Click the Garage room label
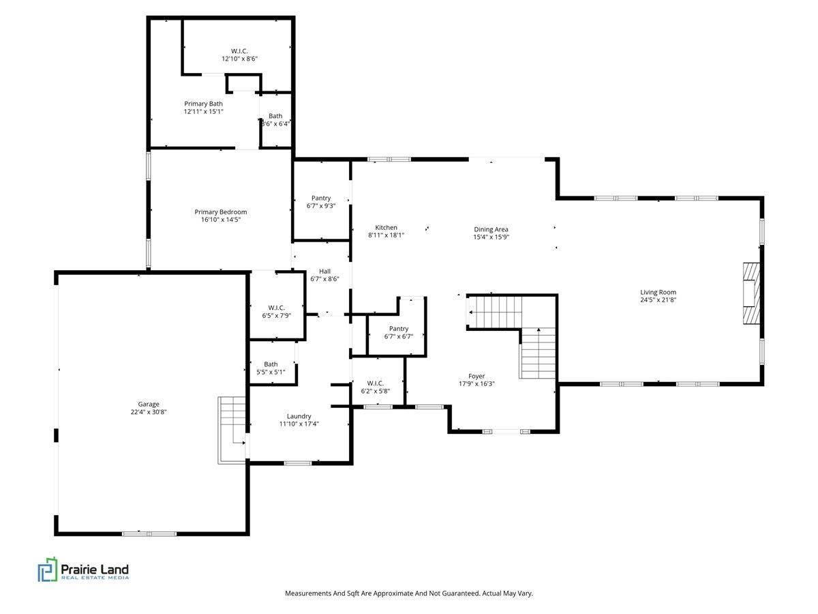click(x=149, y=404)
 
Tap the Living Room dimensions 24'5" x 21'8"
click(x=658, y=299)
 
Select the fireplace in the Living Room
click(x=751, y=294)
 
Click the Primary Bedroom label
click(x=221, y=211)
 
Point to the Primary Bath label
click(x=203, y=104)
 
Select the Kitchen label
click(x=386, y=227)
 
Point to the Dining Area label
click(x=491, y=229)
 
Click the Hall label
click(x=324, y=272)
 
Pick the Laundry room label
click(x=299, y=416)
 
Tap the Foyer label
click(x=476, y=376)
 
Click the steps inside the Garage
click(x=231, y=430)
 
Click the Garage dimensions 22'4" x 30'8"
click(x=149, y=412)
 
